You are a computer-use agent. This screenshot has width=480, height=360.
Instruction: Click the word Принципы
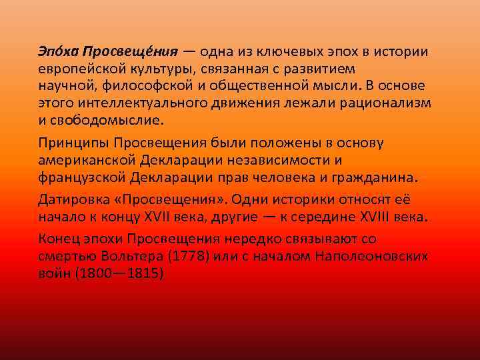73,143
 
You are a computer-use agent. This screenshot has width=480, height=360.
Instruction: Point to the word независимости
279,161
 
